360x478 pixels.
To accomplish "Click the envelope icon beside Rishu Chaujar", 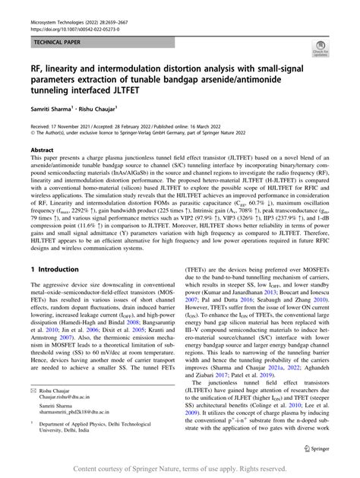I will (34, 388).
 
